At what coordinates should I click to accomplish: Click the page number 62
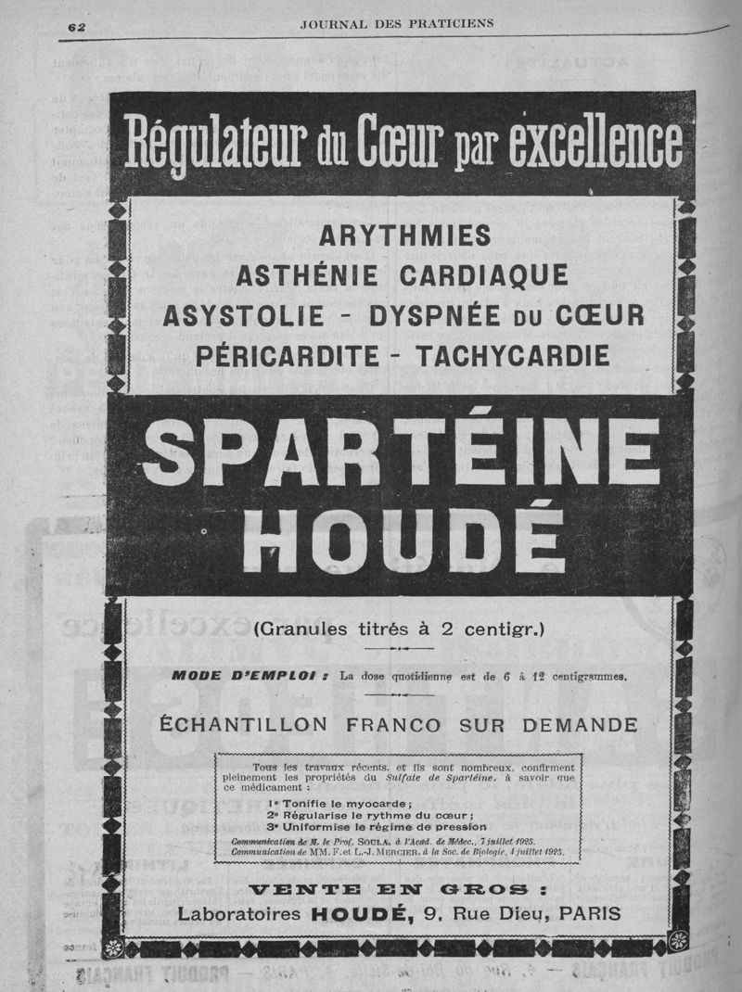[x=76, y=26]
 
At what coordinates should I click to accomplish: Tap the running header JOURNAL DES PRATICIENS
[x=396, y=22]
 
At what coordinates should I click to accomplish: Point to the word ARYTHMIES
[x=404, y=236]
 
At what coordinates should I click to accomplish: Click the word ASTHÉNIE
[x=307, y=276]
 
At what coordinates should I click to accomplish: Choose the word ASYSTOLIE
[x=243, y=316]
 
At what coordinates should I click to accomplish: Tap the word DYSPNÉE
[x=436, y=316]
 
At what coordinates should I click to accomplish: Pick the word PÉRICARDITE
[x=288, y=355]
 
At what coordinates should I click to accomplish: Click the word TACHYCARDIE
[x=513, y=355]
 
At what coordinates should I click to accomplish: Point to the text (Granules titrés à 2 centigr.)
[x=400, y=630]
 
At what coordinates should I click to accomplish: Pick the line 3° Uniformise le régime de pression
[x=376, y=826]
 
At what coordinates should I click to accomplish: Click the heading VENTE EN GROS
[x=400, y=890]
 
